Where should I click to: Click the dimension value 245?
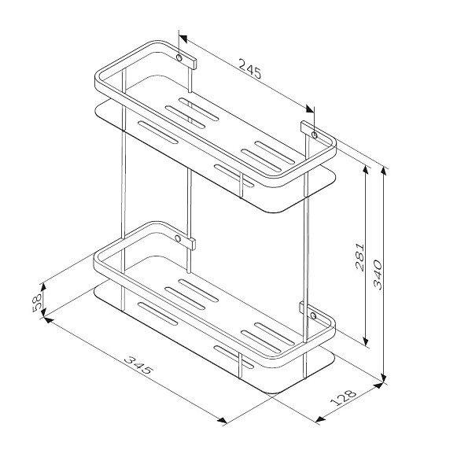click(x=250, y=69)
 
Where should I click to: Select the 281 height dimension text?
click(x=360, y=257)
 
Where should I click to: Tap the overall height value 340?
click(x=378, y=275)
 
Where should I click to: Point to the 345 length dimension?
click(x=138, y=365)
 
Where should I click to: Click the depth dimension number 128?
click(x=343, y=398)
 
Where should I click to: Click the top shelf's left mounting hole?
click(x=179, y=57)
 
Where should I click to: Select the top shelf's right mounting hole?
click(x=314, y=135)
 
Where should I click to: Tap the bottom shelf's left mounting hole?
click(x=178, y=238)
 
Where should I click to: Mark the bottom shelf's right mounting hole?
click(x=313, y=315)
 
